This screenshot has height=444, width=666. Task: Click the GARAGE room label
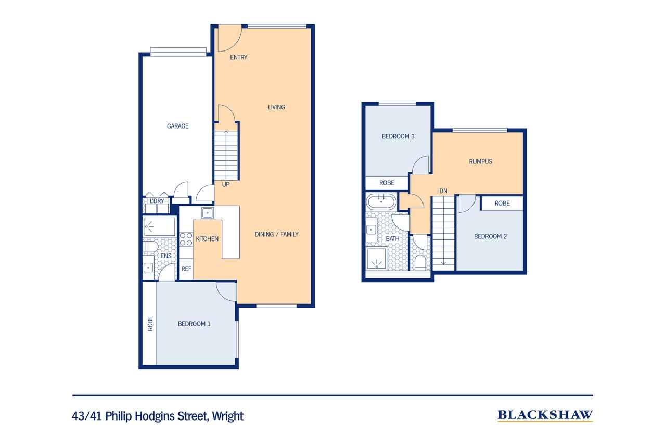[x=177, y=126]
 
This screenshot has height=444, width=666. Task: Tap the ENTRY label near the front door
[x=238, y=57]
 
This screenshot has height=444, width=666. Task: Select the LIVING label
[x=276, y=107]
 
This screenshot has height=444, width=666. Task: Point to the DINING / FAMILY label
[x=276, y=234]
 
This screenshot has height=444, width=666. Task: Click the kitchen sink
[x=207, y=213]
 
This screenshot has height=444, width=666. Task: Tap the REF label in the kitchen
[x=186, y=269]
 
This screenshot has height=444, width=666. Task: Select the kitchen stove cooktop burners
[x=186, y=239]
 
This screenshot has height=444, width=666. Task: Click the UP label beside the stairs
[x=226, y=184]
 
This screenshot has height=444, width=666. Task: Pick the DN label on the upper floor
[x=443, y=191]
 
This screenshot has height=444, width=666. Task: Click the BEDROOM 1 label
[x=194, y=324]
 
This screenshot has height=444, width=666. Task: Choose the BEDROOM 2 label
[x=490, y=236]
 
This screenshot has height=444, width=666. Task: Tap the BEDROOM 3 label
[x=398, y=136]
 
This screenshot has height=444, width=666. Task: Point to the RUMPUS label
[x=480, y=162]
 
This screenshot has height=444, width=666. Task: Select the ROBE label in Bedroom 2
[x=502, y=204]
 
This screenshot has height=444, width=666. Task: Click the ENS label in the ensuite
[x=165, y=256]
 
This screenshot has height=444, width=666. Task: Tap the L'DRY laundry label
[x=157, y=201]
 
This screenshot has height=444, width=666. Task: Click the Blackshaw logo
[x=545, y=415]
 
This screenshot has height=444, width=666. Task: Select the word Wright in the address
[x=228, y=416]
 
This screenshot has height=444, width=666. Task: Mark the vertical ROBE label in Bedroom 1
[x=150, y=324]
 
